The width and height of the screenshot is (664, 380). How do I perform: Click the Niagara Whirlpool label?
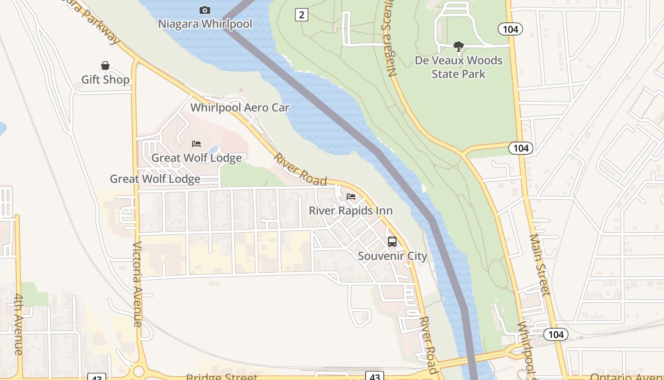click(x=205, y=23)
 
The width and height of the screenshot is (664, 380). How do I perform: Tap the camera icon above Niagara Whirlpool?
click(x=205, y=10)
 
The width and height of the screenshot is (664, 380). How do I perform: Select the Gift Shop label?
click(x=105, y=79)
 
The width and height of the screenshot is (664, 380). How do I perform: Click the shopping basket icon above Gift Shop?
click(x=105, y=66)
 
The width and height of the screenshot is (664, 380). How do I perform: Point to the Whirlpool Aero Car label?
click(x=240, y=107)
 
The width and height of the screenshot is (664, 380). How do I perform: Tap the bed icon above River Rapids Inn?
click(x=351, y=196)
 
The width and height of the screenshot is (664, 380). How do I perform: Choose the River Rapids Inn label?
click(x=351, y=210)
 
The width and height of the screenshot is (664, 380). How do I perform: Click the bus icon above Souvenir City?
click(x=392, y=241)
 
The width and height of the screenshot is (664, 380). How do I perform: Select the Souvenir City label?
click(x=392, y=256)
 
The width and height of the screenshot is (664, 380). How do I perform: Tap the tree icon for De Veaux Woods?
click(x=458, y=47)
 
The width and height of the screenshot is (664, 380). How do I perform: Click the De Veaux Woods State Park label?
click(x=458, y=67)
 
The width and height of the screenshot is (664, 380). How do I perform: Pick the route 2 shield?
click(x=301, y=15)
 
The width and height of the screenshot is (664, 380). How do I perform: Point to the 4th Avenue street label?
click(x=18, y=324)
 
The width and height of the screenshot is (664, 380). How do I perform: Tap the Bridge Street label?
click(x=221, y=377)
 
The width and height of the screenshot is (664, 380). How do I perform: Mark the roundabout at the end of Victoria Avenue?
click(x=138, y=371)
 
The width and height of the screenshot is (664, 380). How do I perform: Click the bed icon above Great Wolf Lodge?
click(x=196, y=143)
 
